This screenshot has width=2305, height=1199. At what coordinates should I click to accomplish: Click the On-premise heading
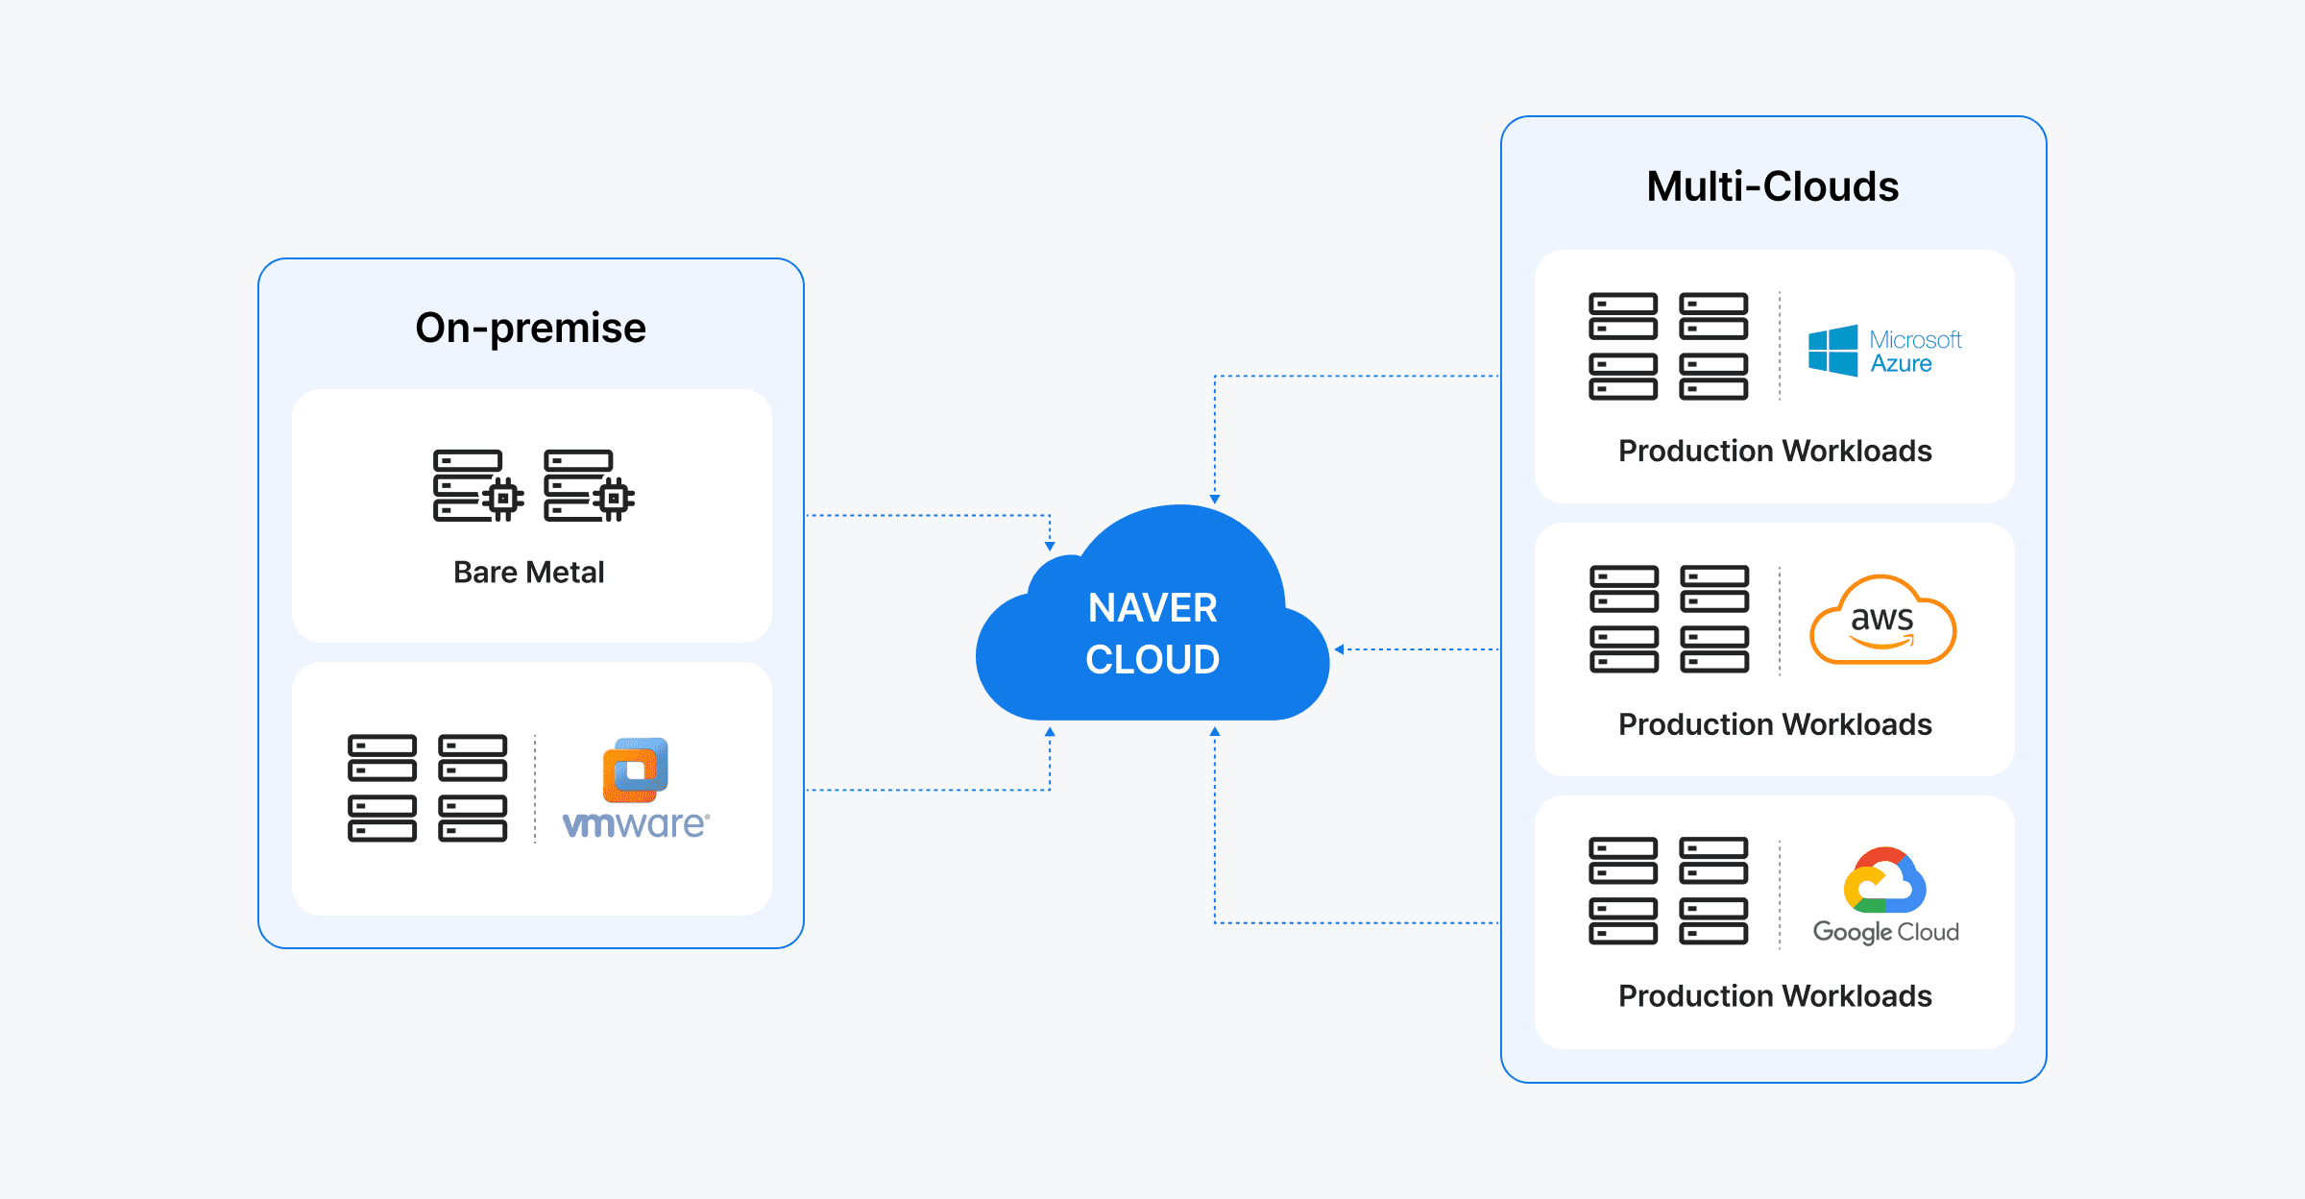[x=530, y=329]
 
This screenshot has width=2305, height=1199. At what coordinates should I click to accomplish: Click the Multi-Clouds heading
[x=1773, y=186]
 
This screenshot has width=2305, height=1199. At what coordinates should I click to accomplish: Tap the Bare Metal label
[x=529, y=573]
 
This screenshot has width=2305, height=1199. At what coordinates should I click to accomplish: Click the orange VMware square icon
[x=635, y=770]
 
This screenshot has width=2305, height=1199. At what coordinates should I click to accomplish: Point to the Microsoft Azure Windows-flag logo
[x=1832, y=351]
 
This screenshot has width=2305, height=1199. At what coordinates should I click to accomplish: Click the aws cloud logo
[x=1882, y=622]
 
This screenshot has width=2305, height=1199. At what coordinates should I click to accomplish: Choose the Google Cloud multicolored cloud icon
[x=1884, y=880]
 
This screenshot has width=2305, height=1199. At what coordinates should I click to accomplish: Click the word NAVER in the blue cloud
[x=1152, y=608]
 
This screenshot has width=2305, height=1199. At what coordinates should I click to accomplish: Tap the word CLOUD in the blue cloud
[x=1152, y=660]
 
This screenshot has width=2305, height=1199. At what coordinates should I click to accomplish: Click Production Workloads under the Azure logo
[x=1775, y=452]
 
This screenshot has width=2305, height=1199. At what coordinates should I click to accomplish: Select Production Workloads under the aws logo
[x=1775, y=724]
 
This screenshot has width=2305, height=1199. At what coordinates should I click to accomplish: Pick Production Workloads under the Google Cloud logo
[x=1775, y=996]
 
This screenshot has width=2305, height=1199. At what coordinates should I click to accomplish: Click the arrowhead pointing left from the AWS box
[x=1339, y=649]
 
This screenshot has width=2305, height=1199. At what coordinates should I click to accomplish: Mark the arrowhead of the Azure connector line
[x=1215, y=499]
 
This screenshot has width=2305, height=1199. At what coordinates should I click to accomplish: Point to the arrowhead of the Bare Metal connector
[x=1050, y=546]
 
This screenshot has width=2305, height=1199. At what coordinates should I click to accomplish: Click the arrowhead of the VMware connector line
[x=1050, y=732]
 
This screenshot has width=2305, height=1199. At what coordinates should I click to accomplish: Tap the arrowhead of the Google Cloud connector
[x=1215, y=732]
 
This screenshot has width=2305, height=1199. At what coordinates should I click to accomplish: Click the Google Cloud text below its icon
[x=1885, y=932]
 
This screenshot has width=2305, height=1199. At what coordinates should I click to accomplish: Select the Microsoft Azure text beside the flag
[x=1914, y=352]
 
